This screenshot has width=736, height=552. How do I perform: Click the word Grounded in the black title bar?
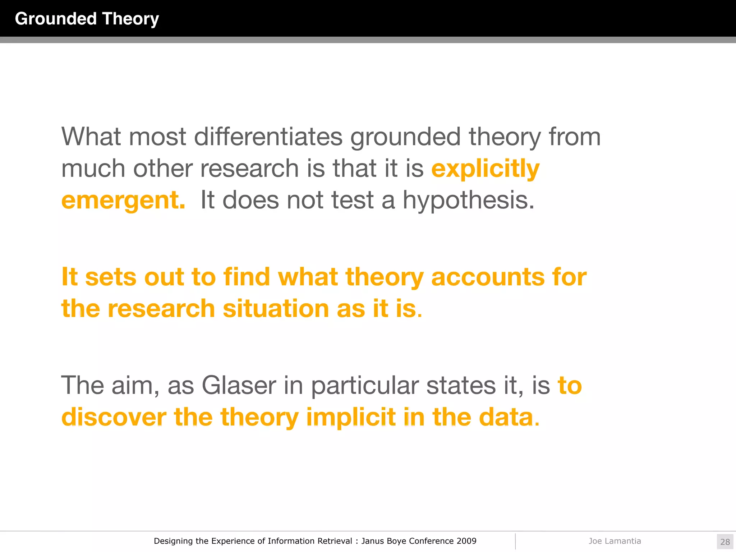[x=56, y=19]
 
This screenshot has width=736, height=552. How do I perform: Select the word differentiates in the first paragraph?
[x=268, y=137]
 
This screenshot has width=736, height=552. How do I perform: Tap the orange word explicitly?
[x=485, y=169]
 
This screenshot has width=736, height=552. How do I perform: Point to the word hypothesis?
[x=468, y=200]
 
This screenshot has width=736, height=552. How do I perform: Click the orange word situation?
[x=276, y=309]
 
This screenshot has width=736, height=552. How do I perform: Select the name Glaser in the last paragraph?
[x=239, y=386]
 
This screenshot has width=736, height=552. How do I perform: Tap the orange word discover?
[x=114, y=417]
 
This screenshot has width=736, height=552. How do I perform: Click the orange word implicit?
[x=351, y=417]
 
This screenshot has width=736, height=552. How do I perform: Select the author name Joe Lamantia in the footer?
[x=615, y=541]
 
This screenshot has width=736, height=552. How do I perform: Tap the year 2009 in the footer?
[x=466, y=541]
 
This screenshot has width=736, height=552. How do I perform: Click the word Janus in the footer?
[x=372, y=541]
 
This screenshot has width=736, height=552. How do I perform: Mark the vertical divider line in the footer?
[x=515, y=541]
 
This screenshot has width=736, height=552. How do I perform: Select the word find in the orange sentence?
[x=247, y=277]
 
